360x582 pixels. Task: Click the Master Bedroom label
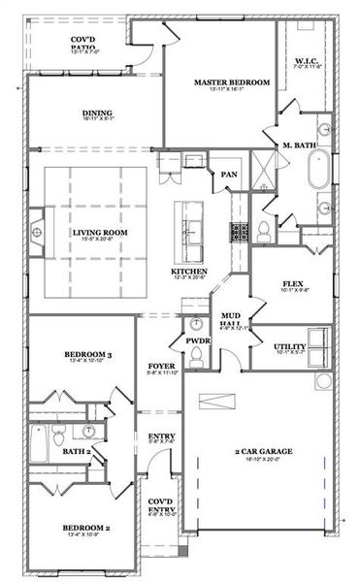coord(231,83)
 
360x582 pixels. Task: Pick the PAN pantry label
coord(229,175)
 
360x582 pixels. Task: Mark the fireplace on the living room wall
coord(36,232)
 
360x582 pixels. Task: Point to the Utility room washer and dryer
coord(318,339)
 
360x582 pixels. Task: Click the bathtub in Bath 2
coord(39,444)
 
